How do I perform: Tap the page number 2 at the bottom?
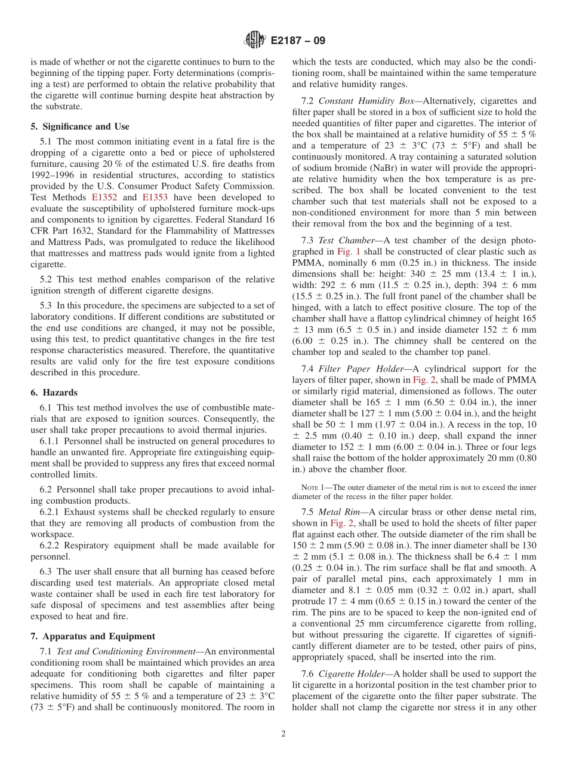pyautogui.click(x=283, y=734)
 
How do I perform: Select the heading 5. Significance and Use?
pyautogui.click(x=80, y=127)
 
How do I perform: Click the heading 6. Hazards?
pyautogui.click(x=54, y=393)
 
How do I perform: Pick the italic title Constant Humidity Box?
pyautogui.click(x=349, y=101)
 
